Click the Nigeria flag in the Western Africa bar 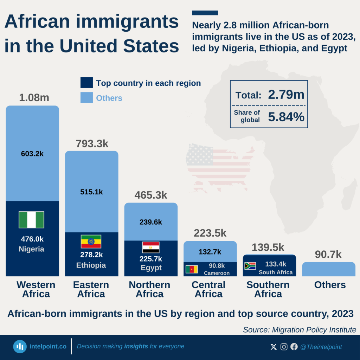tap(31, 220)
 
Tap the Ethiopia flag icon tap(91, 242)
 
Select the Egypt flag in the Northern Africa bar tap(150, 247)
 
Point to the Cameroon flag tap(192, 269)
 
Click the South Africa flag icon tap(250, 266)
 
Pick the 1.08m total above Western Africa tap(34, 97)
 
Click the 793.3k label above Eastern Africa tap(92, 143)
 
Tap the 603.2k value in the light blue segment tap(32, 154)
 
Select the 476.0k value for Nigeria tap(32, 239)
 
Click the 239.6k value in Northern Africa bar tap(150, 222)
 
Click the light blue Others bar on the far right tap(328, 269)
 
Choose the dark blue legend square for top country tap(86, 83)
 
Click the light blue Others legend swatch tap(86, 98)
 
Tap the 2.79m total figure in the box tap(286, 95)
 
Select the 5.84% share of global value tap(286, 117)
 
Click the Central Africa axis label tap(208, 289)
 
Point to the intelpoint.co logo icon tap(20, 347)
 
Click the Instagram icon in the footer tap(284, 347)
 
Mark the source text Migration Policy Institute tap(299, 330)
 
